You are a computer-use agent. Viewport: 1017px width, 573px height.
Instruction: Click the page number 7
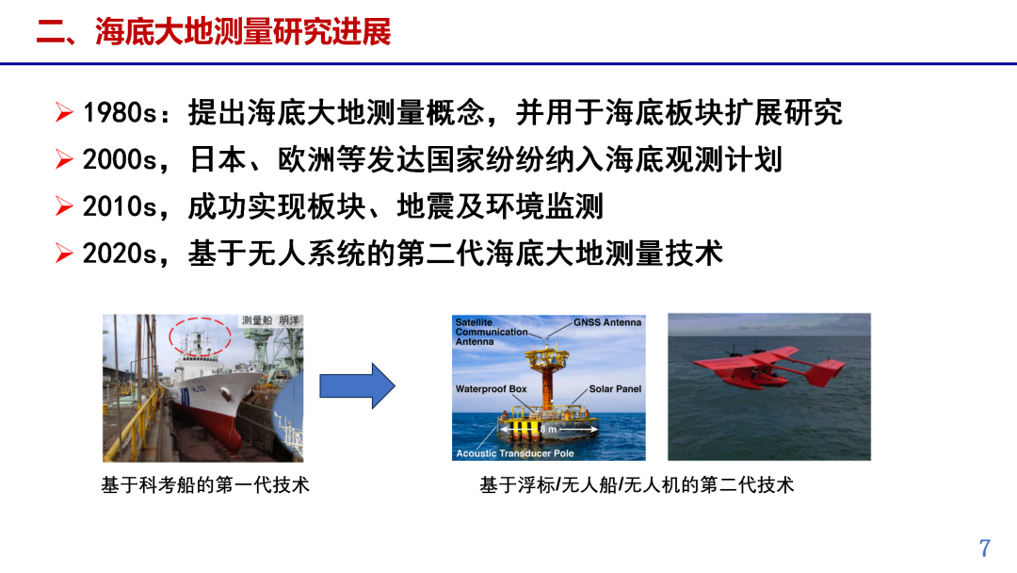click(985, 548)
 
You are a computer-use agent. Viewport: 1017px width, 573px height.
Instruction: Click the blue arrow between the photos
click(357, 386)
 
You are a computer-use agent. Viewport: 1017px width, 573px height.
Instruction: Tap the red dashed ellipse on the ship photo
click(200, 336)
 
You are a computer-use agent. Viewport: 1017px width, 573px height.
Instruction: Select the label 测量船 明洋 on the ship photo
click(271, 321)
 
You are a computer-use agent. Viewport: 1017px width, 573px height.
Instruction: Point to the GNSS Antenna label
click(607, 322)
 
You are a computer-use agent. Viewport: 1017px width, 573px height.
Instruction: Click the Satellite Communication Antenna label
click(492, 332)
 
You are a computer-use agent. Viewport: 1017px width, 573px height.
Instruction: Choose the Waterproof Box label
click(491, 388)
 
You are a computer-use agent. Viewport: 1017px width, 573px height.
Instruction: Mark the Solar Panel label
click(615, 388)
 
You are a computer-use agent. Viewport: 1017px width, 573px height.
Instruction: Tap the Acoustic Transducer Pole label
click(514, 453)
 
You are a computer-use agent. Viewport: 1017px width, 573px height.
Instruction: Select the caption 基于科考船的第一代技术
click(205, 485)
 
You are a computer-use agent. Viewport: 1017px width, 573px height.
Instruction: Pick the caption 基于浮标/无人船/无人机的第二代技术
click(637, 485)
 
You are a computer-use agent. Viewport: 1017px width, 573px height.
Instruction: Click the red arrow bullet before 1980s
click(64, 114)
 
